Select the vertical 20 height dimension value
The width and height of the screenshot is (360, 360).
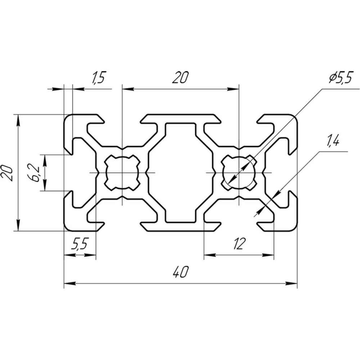coord(6,173)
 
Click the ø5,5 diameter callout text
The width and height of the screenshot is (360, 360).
coord(340,78)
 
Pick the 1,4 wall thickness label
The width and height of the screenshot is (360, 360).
coord(332,141)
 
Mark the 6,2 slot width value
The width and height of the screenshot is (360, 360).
coord(35,173)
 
